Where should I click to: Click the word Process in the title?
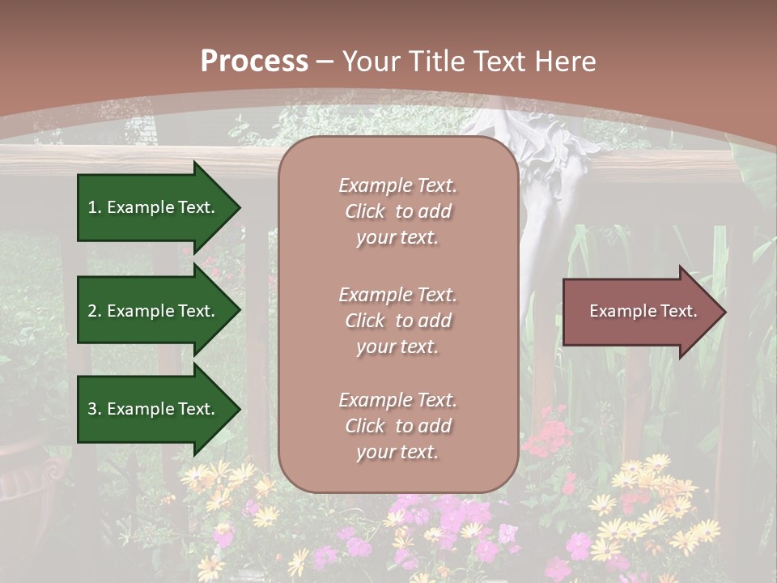254,62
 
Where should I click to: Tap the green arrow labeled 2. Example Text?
154,311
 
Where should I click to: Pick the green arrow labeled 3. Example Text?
154,409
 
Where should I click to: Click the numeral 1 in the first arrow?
92,208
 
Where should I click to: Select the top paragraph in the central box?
397,211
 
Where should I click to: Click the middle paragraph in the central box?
397,321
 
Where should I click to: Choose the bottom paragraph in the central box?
397,426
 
